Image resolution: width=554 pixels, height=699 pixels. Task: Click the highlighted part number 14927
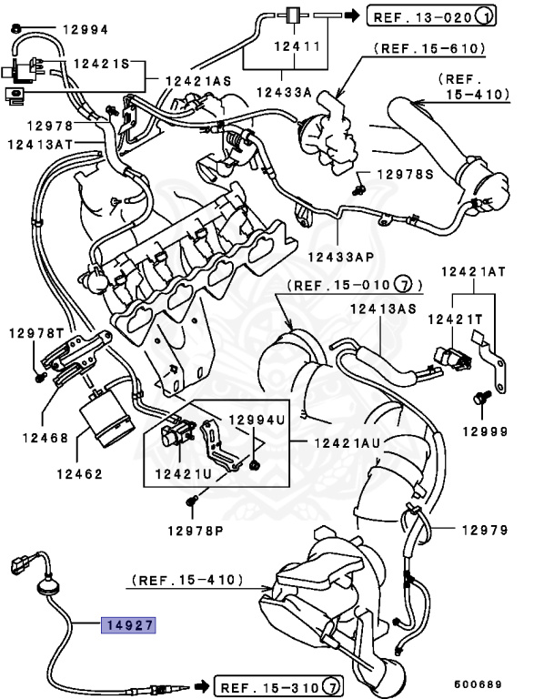click(x=129, y=625)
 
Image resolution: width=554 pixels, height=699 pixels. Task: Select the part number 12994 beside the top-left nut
click(x=85, y=30)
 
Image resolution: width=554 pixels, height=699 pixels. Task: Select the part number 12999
click(x=484, y=431)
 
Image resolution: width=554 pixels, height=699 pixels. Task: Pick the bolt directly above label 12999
click(x=481, y=399)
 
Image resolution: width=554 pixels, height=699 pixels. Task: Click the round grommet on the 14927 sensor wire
click(x=46, y=591)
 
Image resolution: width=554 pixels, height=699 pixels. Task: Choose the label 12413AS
click(x=383, y=309)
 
